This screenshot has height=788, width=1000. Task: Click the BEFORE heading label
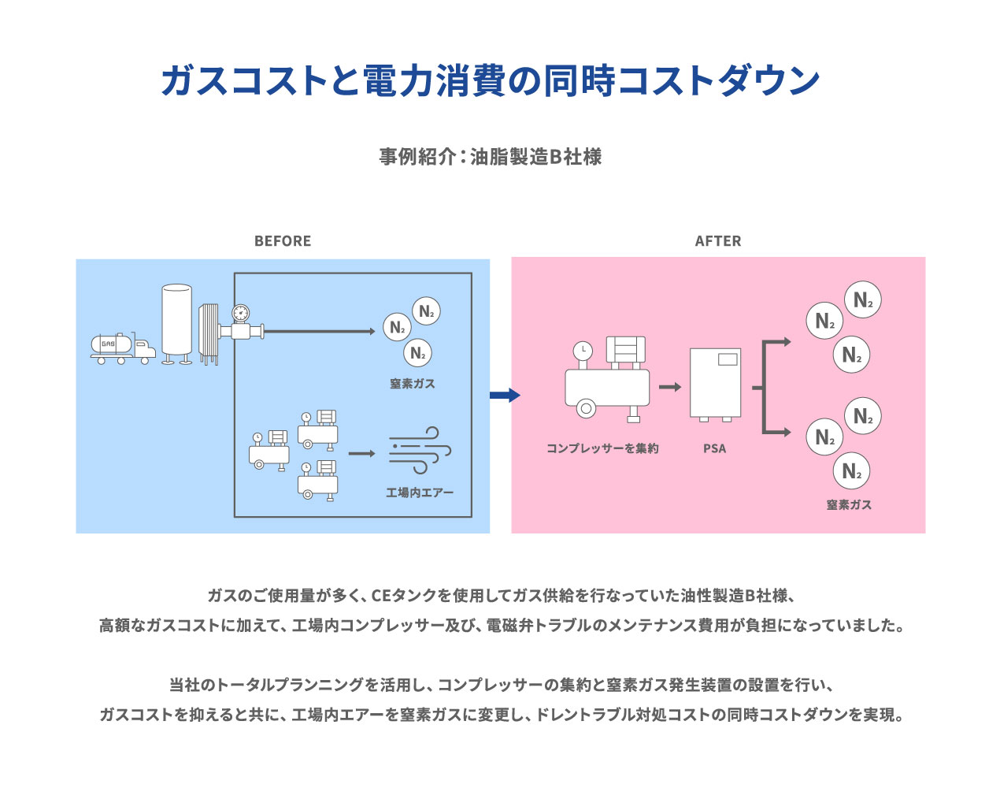click(283, 241)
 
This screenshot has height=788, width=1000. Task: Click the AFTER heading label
click(717, 241)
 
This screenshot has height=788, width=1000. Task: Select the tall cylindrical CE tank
click(176, 322)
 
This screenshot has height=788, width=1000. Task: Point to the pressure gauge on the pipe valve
click(240, 313)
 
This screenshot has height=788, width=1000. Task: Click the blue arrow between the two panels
click(504, 395)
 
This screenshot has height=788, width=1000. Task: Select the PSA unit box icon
click(715, 384)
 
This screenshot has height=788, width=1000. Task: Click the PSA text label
click(714, 448)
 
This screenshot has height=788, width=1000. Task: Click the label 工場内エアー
click(420, 492)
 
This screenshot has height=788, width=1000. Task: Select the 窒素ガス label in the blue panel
click(412, 384)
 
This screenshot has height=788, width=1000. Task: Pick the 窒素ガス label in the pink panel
click(849, 504)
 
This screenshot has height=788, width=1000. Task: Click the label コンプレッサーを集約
click(602, 448)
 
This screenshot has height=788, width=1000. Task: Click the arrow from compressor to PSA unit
click(670, 387)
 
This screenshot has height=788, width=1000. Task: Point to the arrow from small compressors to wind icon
click(362, 453)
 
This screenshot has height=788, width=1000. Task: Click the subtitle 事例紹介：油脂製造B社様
click(491, 157)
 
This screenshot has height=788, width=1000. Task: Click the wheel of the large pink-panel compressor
click(585, 408)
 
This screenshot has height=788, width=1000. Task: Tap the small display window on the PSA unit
click(728, 359)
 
